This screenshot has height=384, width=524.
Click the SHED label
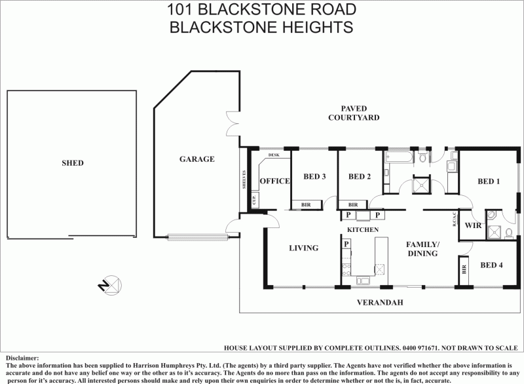tap(73, 163)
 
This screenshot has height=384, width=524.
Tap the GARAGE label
tap(196, 159)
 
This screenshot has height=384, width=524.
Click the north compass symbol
tap(109, 285)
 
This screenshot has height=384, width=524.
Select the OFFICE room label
tap(274, 182)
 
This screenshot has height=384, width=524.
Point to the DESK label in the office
tap(274, 155)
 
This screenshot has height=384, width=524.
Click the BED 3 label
tap(314, 176)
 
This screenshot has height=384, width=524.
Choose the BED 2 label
tap(360, 176)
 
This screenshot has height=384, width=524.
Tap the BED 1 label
tap(489, 182)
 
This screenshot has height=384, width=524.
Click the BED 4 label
tap(491, 265)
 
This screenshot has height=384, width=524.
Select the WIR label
tap(473, 225)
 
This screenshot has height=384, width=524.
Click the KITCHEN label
tap(363, 231)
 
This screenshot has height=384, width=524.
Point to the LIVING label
tap(303, 248)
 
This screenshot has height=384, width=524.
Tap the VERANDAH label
tap(379, 303)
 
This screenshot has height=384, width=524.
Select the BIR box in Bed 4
tap(464, 269)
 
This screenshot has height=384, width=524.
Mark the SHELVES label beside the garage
tap(244, 180)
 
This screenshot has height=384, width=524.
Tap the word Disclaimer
tap(22, 358)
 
